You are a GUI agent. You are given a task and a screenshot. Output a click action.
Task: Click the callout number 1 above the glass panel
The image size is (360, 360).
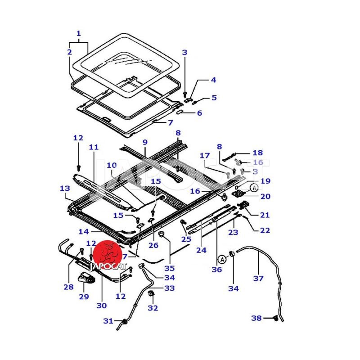click(x=79, y=34)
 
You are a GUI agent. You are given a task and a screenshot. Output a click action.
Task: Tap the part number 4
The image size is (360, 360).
click(x=213, y=80)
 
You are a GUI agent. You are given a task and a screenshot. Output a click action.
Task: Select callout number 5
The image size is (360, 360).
click(x=214, y=97)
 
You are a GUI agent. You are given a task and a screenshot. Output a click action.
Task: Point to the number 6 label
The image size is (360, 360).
click(x=199, y=112)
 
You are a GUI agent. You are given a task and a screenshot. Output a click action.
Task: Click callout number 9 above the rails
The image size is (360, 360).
click(x=145, y=142)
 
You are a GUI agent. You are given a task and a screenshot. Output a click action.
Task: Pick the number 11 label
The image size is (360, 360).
click(x=93, y=147)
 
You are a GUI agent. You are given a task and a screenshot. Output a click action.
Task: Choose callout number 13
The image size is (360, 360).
click(x=65, y=188)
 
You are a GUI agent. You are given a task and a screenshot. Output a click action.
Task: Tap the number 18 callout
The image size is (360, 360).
click(x=257, y=153)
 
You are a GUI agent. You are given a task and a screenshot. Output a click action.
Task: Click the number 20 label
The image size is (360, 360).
click(x=265, y=196)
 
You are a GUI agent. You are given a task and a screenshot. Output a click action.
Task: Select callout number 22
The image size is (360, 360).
click(x=265, y=230)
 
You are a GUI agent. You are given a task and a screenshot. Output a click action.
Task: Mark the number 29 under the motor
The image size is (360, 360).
click(x=84, y=297)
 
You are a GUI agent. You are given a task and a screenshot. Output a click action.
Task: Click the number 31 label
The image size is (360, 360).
click(x=108, y=321)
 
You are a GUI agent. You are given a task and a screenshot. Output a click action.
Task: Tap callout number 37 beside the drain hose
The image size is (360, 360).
click(x=258, y=278)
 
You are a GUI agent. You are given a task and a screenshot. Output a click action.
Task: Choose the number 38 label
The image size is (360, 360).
click(x=256, y=318)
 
